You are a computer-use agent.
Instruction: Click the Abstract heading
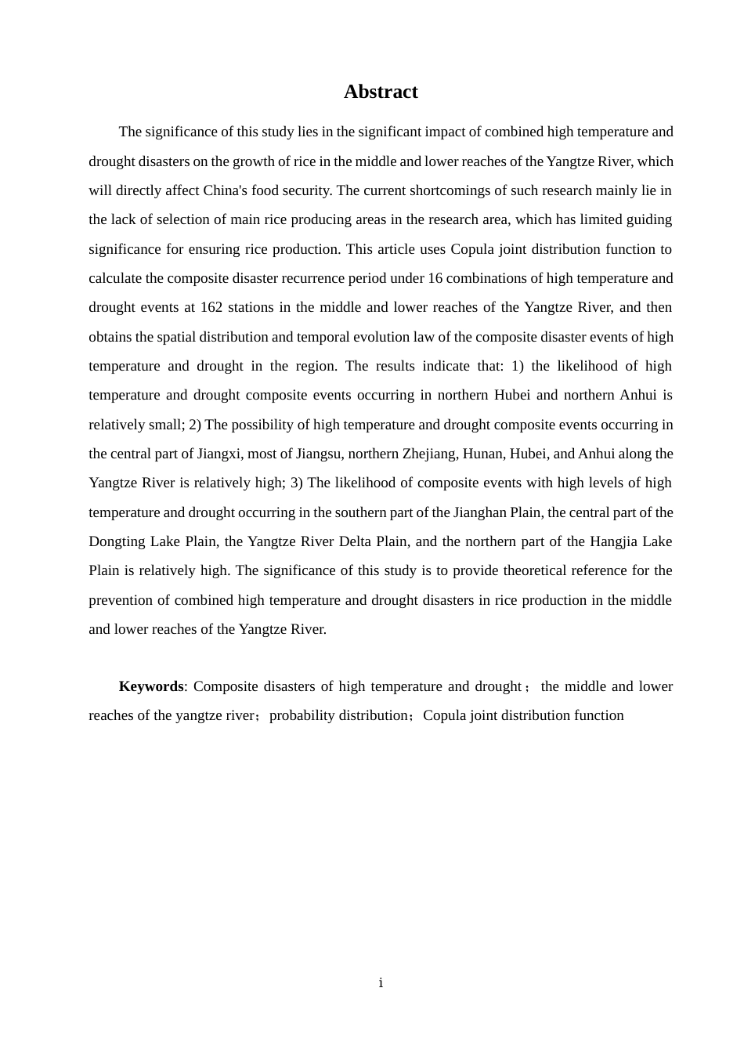click(x=381, y=92)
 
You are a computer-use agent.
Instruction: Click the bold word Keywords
click(x=150, y=686)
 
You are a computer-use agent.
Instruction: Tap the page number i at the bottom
click(x=381, y=982)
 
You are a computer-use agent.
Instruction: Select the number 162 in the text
click(x=211, y=307)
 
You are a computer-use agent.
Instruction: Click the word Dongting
click(x=115, y=541)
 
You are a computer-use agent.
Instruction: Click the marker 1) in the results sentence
click(x=518, y=366)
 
